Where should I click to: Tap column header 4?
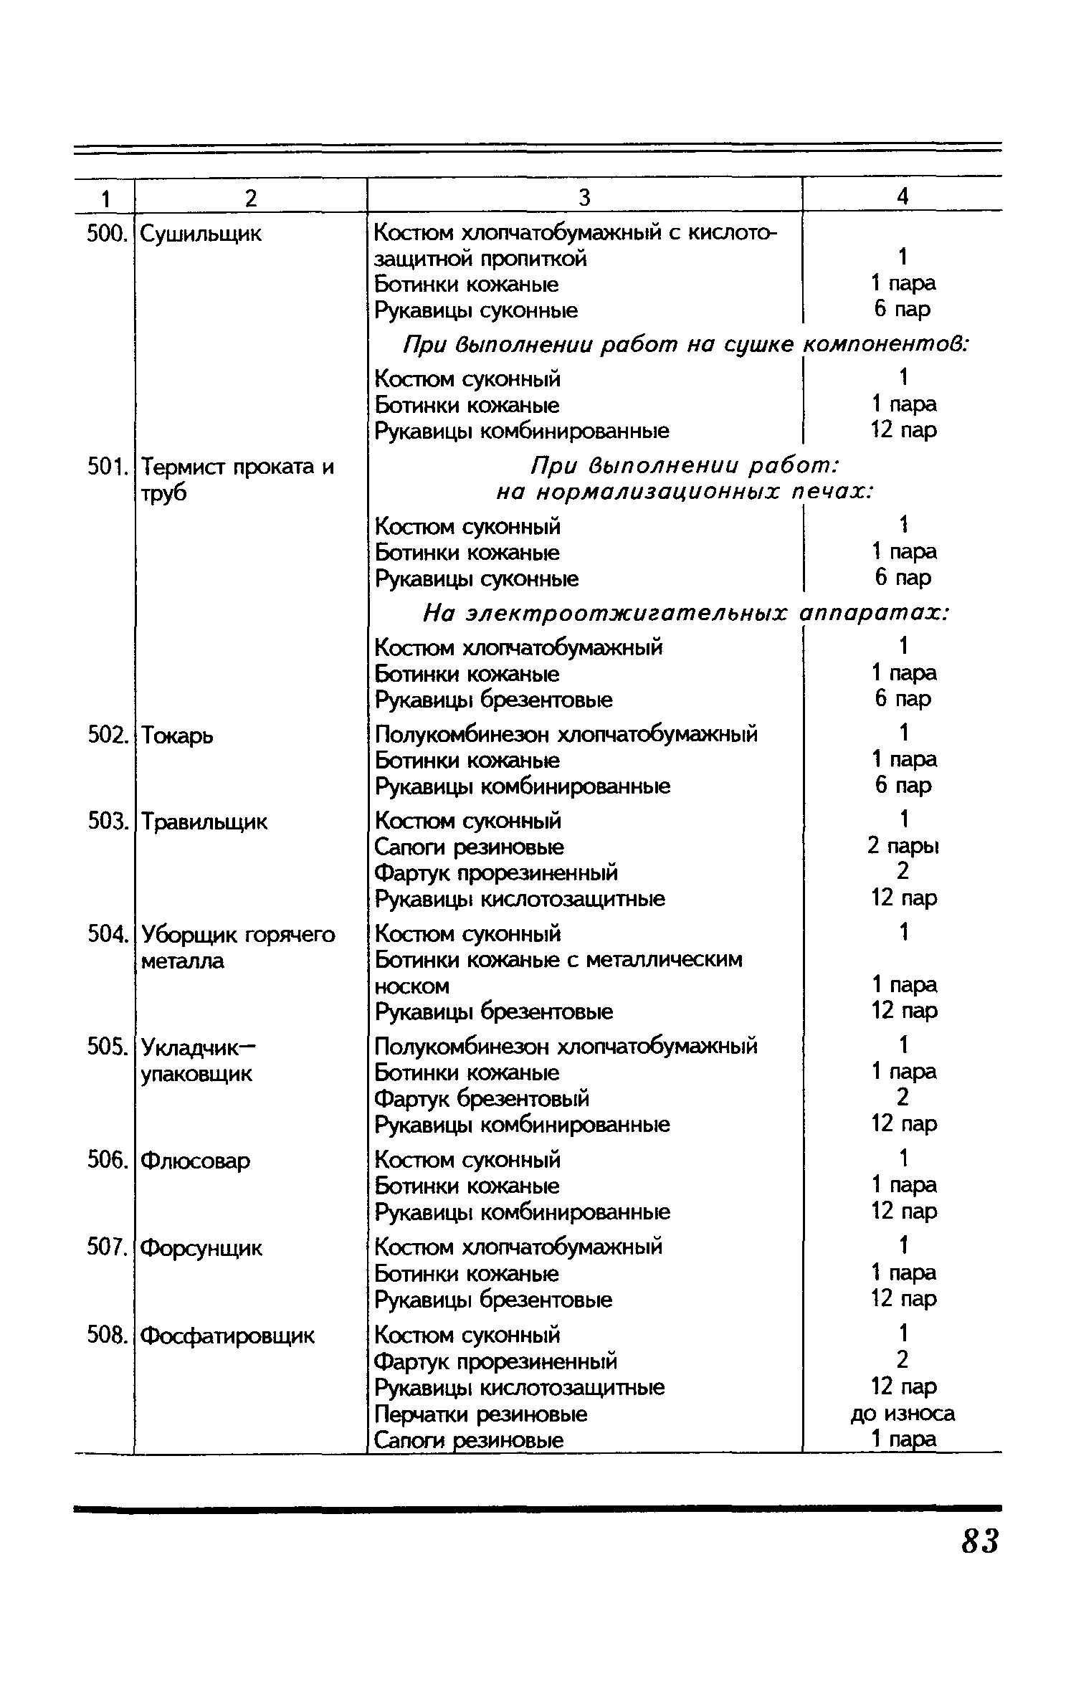(x=903, y=196)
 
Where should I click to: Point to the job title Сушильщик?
(x=201, y=234)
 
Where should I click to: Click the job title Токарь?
(x=177, y=736)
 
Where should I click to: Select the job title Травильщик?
(x=204, y=822)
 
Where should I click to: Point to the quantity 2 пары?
(x=903, y=847)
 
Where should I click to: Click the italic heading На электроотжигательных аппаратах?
(x=687, y=614)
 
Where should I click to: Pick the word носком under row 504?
(x=412, y=986)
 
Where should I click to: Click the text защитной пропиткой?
(x=480, y=258)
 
